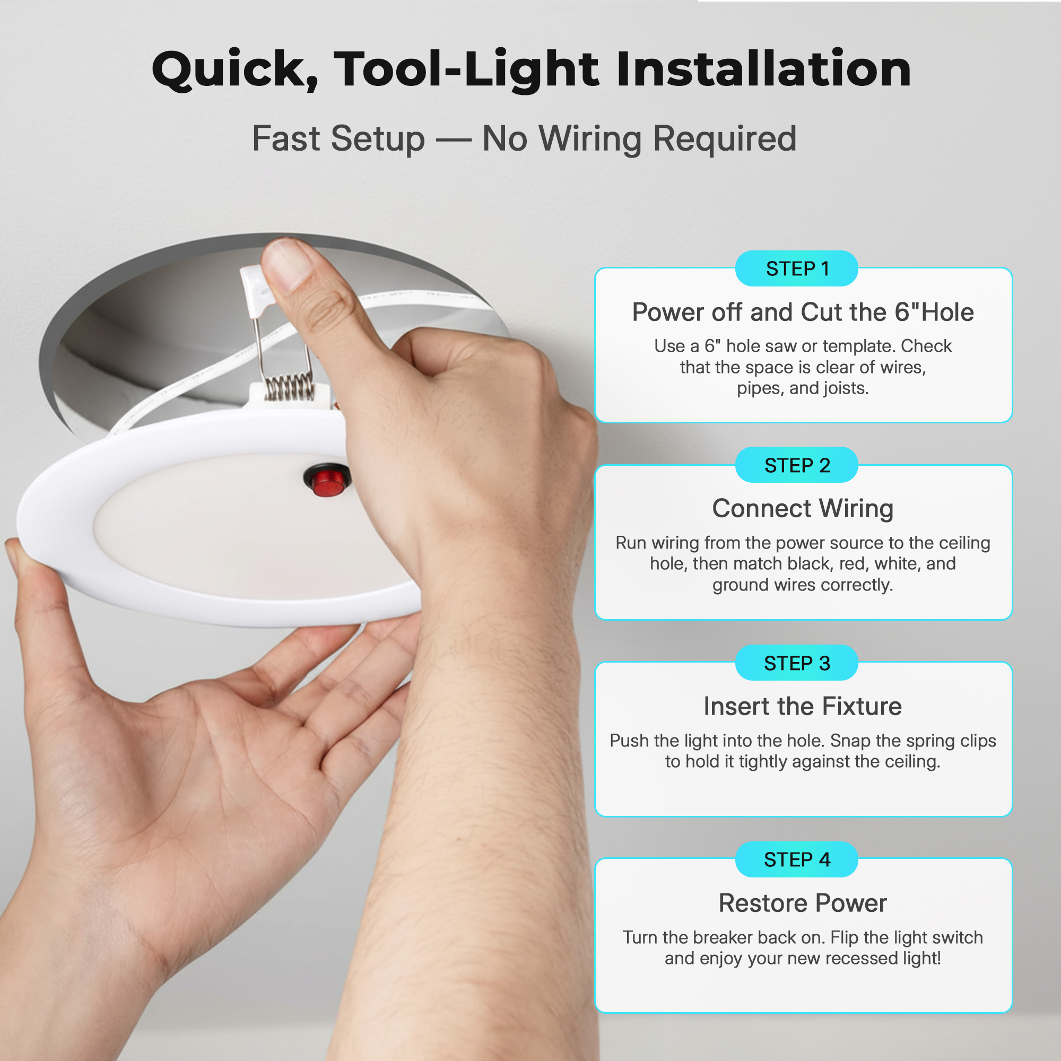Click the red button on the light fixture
327,480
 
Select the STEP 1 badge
796,268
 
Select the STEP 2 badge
796,465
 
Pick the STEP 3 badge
796,663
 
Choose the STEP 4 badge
796,859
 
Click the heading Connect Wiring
802,509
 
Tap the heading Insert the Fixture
802,706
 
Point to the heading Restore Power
802,903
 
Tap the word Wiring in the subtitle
590,138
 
